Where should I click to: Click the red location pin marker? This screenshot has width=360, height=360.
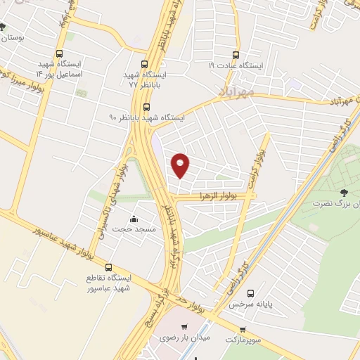tap(181, 165)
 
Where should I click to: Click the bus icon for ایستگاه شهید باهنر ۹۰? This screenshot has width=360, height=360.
tap(146, 107)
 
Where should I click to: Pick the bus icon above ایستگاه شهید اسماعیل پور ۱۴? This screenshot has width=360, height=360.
tap(59, 53)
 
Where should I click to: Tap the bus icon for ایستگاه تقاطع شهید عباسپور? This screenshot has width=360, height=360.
tap(108, 267)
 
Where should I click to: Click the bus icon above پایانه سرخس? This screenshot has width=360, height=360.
tap(250, 294)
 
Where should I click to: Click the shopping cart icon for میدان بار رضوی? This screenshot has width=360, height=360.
tap(184, 327)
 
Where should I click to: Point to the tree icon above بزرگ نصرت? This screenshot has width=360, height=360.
tap(344, 192)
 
